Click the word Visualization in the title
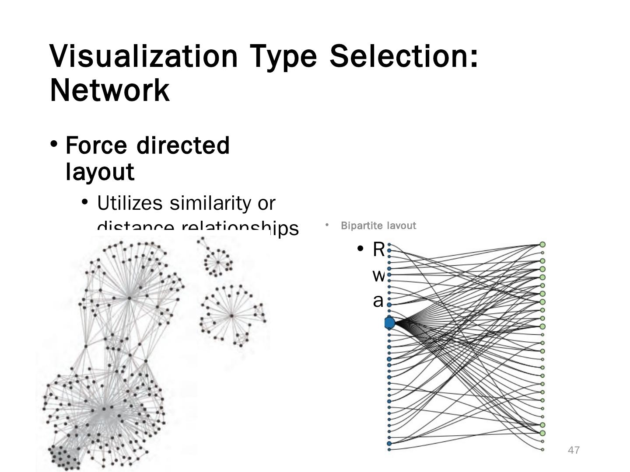coord(143,56)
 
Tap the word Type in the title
coord(283,56)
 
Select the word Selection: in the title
coord(404,56)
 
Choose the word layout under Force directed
coord(100,171)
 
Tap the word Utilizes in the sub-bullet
coord(130,203)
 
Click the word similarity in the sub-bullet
coord(210,203)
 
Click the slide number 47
coord(574,450)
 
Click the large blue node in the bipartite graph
coord(389,323)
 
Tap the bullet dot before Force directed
coord(54,144)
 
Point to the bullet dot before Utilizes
coord(85,202)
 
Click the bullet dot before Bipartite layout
coord(327,225)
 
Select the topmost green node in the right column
coord(542,244)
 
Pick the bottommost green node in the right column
coord(542,449)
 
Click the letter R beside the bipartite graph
coord(378,250)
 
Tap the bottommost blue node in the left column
coord(389,449)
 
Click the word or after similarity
coord(266,203)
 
